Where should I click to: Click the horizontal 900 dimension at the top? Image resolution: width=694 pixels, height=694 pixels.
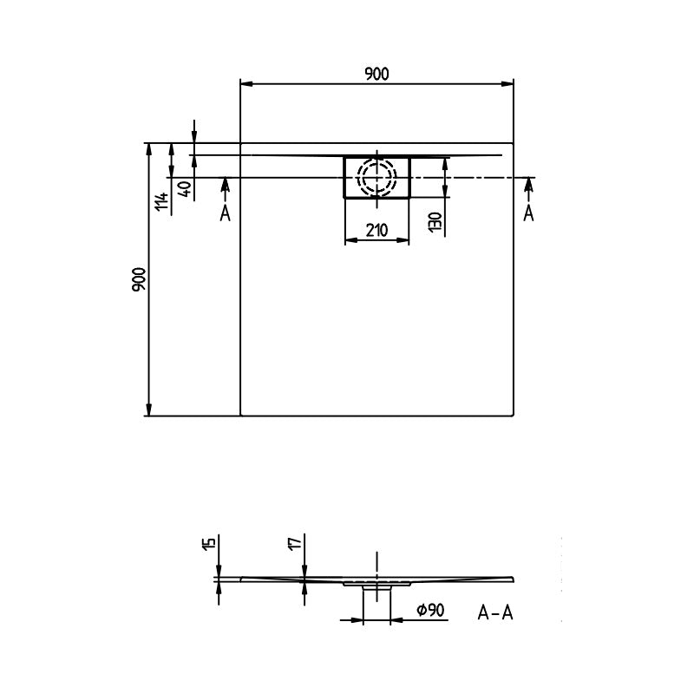[376, 74]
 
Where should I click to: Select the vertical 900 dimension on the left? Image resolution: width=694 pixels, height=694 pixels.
[139, 279]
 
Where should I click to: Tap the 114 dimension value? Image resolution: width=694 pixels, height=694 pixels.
[160, 203]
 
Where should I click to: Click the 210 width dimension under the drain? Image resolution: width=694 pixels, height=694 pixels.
[376, 230]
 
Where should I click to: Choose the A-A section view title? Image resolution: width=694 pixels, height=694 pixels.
[495, 613]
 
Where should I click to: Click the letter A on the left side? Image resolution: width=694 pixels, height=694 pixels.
[225, 213]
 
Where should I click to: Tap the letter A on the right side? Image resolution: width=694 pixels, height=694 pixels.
[528, 213]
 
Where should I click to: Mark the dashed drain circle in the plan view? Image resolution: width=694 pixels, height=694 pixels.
[377, 178]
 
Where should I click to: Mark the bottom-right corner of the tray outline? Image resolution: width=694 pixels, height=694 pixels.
[514, 416]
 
